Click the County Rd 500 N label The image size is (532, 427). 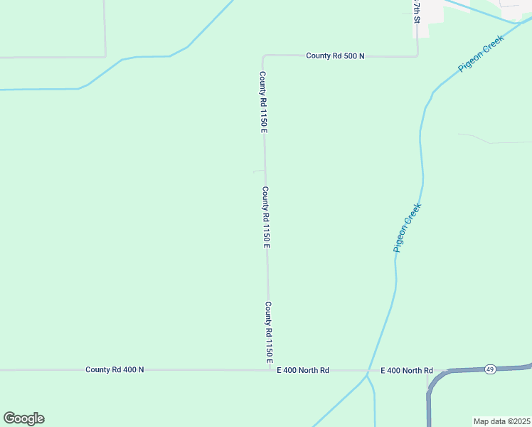335,56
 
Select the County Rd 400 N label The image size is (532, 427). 115,369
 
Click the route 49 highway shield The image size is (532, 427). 490,369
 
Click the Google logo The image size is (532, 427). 23,418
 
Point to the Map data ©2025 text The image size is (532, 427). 501,421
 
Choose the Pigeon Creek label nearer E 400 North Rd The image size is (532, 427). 408,228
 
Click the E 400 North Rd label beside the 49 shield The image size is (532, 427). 407,370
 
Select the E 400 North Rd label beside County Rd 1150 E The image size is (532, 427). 304,370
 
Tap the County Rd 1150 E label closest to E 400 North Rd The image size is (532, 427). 269,332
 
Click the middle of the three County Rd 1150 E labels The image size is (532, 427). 266,217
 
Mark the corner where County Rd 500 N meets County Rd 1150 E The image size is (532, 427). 264,56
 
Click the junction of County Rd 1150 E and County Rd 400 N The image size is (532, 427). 269,370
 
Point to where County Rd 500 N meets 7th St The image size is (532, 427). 417,55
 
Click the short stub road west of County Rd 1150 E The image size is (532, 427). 258,172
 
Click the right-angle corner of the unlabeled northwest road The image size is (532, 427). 105,56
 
